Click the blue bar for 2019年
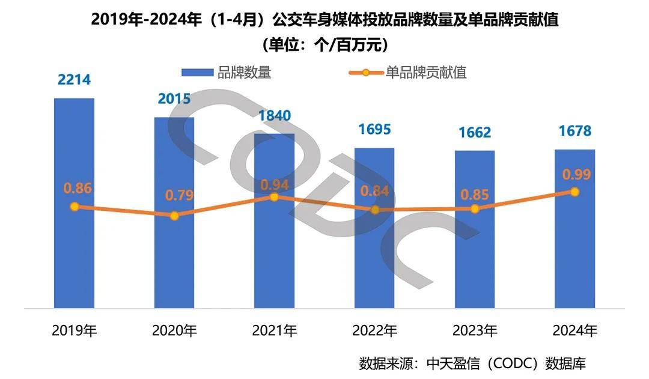(x=74, y=258)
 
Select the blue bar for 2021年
(x=274, y=258)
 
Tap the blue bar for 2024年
(x=574, y=258)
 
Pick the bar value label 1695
(x=374, y=129)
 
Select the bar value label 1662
(x=474, y=132)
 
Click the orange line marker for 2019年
(x=75, y=207)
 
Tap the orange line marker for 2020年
(x=174, y=216)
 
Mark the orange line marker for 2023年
(x=475, y=208)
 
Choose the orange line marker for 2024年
(x=574, y=192)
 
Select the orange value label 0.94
(x=275, y=184)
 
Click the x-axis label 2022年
(x=374, y=330)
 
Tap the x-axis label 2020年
(x=174, y=330)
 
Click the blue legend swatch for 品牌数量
(x=198, y=73)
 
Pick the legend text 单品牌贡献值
(x=426, y=73)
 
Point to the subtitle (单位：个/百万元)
(x=324, y=44)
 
